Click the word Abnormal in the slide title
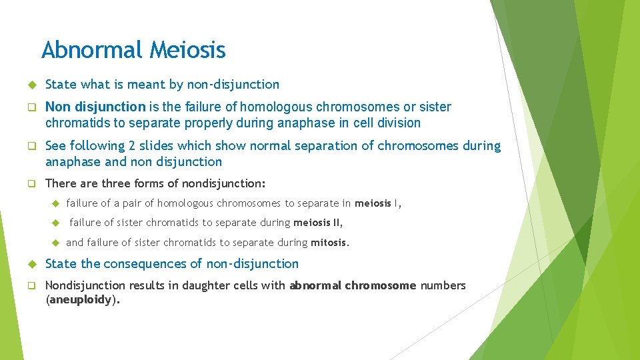(92, 50)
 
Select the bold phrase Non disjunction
(95, 107)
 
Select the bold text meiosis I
(378, 203)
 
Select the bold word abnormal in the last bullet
(315, 285)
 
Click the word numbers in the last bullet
(443, 285)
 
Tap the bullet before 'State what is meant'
(31, 85)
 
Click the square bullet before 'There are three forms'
(31, 183)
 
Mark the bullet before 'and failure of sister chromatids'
(56, 243)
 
